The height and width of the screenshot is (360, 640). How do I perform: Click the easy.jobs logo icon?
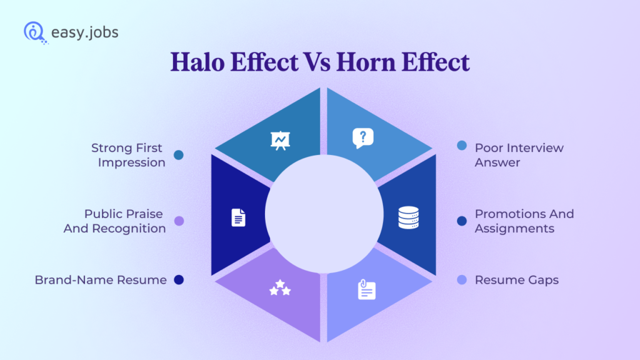pos(34,32)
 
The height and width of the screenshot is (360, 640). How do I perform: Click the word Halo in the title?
pos(201,62)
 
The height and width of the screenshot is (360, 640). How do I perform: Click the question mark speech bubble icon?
pos(362,137)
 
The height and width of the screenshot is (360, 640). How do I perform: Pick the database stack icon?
pos(408,217)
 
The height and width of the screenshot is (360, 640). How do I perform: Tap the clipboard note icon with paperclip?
pos(367,290)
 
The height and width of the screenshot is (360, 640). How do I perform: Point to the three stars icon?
pos(279,289)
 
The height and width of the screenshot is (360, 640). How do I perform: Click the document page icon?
pos(238,217)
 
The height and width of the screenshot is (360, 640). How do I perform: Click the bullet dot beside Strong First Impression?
pos(179,155)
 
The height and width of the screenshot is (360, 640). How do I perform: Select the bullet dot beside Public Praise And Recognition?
pos(179,221)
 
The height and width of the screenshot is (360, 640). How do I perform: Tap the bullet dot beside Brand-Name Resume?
pos(179,280)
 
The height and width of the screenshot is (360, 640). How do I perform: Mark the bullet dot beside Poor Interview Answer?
pos(462,146)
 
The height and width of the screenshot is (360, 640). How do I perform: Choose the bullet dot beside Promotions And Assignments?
pos(462,221)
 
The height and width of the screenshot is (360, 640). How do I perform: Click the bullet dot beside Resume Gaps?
pos(462,280)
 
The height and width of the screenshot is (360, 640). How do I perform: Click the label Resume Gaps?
pos(516,280)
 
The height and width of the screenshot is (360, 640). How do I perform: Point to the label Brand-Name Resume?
pos(101,280)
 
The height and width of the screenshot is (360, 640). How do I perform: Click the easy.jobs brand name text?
pos(84,32)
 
